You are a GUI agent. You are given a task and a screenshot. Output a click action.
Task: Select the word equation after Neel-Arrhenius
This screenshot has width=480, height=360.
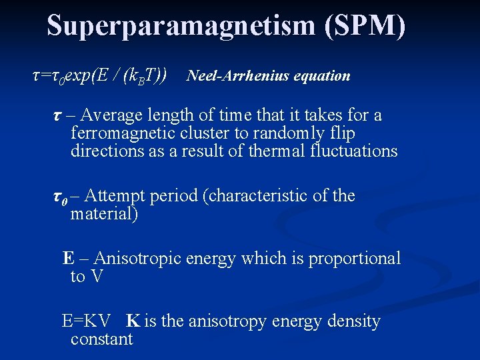pos(323,76)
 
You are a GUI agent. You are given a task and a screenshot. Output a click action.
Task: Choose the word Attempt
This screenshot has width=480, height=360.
pos(116,196)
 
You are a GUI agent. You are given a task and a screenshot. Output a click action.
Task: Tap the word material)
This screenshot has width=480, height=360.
pos(104,214)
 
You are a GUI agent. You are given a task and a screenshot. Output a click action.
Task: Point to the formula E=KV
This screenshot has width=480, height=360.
pos(86,321)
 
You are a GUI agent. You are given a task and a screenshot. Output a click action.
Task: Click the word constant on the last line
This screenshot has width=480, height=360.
pos(101,339)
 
